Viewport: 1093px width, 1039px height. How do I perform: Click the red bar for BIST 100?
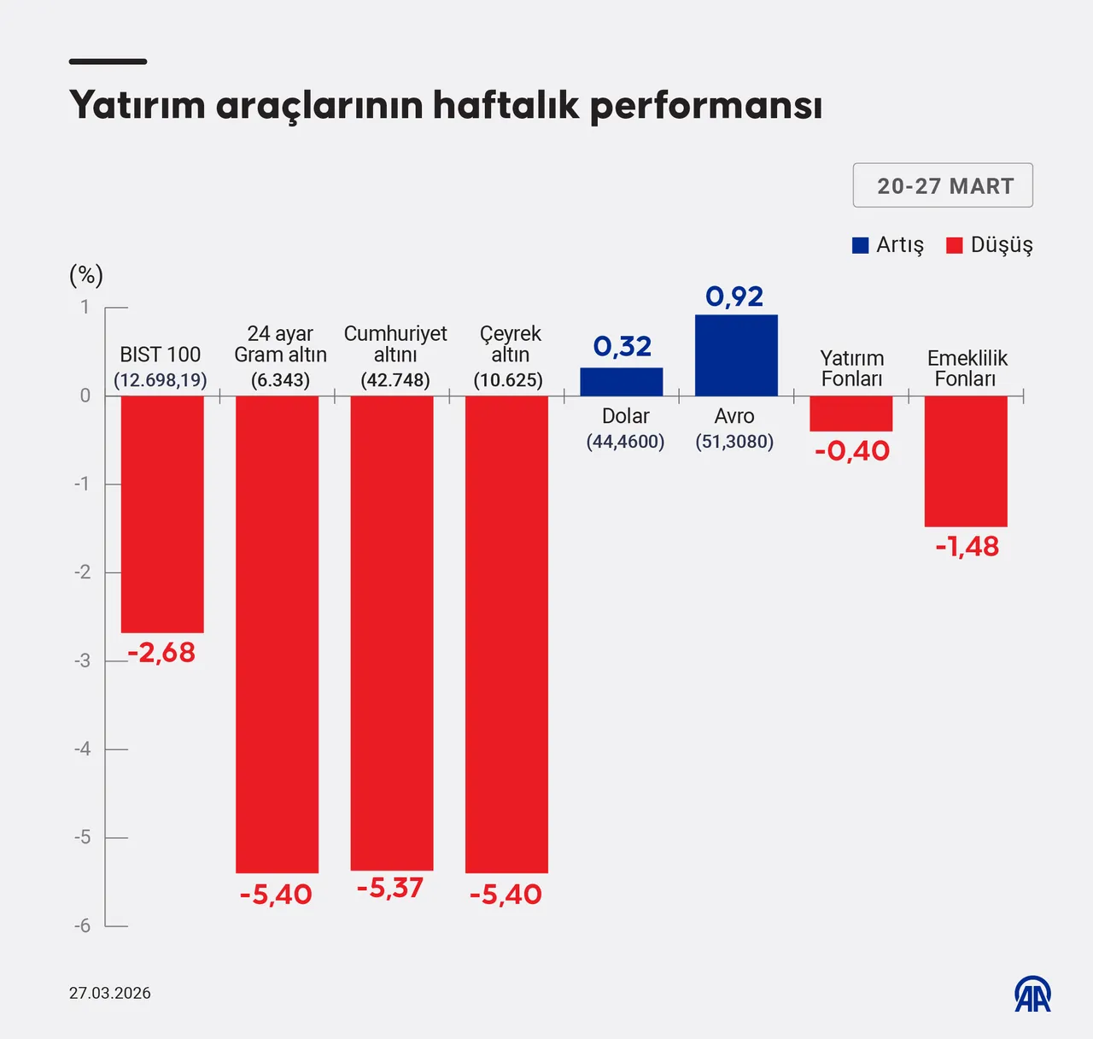[x=162, y=514]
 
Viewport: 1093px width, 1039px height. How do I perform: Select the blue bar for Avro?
[x=736, y=355]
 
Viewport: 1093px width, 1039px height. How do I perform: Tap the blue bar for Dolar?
[x=621, y=382]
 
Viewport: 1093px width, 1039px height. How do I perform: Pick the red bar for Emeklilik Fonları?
[x=966, y=461]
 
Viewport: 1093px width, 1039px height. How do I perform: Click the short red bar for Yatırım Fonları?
[x=850, y=414]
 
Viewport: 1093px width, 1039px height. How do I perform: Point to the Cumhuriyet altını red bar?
[x=392, y=632]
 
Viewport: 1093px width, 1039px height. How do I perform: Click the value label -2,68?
[x=161, y=653]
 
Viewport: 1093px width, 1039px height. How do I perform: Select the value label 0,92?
[x=734, y=296]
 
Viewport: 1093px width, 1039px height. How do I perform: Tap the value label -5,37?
[x=390, y=889]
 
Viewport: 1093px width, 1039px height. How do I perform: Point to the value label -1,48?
[x=967, y=547]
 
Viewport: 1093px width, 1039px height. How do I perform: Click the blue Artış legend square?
[x=861, y=245]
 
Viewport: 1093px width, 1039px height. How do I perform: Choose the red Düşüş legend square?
[x=955, y=245]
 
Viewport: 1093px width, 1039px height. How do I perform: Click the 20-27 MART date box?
[x=943, y=185]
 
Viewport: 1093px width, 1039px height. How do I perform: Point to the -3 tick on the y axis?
[x=83, y=660]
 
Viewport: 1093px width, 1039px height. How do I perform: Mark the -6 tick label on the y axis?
[x=82, y=926]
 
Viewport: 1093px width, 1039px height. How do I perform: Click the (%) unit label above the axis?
[x=85, y=275]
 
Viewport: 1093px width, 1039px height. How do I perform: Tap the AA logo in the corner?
[x=1032, y=994]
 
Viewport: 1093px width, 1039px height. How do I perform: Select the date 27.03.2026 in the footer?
[x=110, y=993]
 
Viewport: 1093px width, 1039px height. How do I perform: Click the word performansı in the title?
[x=705, y=106]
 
